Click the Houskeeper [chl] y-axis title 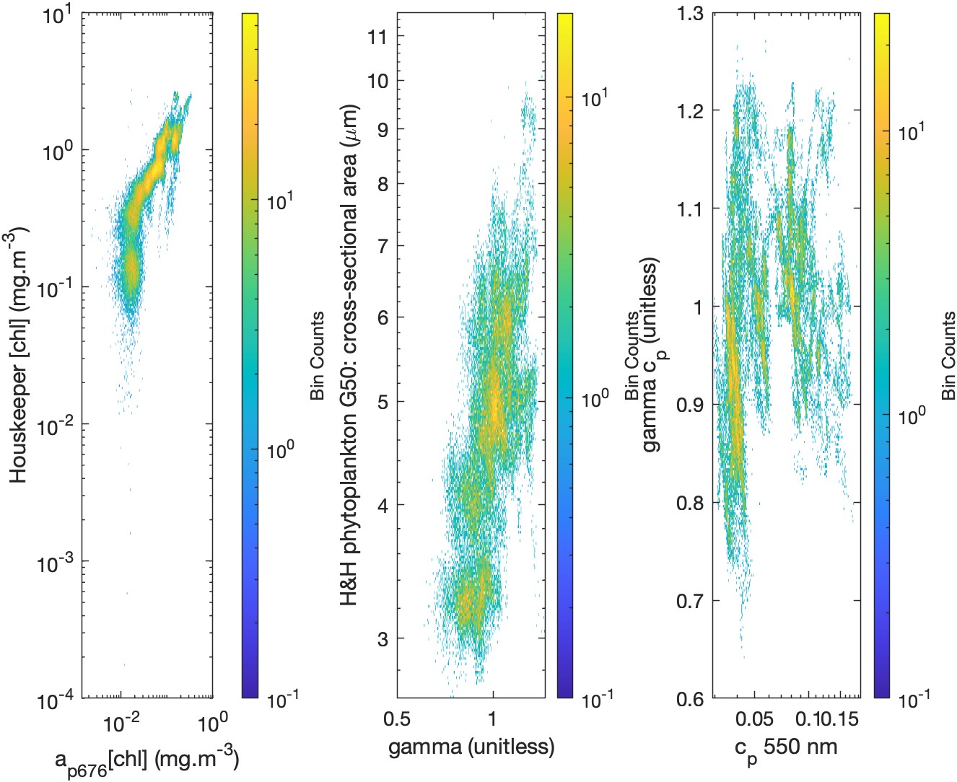point(19,355)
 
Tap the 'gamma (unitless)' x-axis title point(471,746)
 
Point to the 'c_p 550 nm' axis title point(786,747)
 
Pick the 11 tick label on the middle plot point(378,37)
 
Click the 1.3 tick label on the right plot point(691,13)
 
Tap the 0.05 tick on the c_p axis point(754,719)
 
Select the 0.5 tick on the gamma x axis point(397,719)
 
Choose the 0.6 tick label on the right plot point(691,698)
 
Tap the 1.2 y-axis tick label point(691,110)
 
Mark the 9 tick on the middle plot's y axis point(383,130)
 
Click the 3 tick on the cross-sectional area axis point(383,638)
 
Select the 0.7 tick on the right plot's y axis point(691,600)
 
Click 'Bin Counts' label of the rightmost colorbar point(948,356)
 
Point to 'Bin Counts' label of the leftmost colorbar point(317,356)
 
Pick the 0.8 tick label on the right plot point(691,502)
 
